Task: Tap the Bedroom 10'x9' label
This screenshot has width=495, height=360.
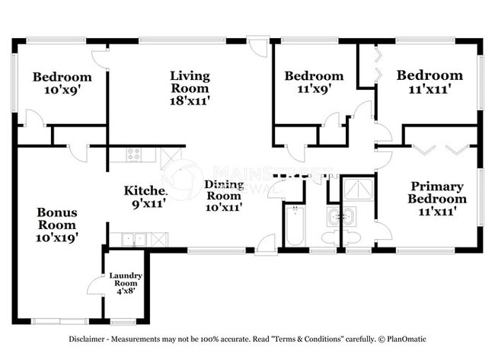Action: (62, 83)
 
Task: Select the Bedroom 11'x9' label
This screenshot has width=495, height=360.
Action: (314, 81)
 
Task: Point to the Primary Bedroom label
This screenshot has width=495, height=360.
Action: (438, 199)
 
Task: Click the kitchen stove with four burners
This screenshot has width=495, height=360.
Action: (134, 156)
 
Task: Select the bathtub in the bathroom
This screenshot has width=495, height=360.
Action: (294, 225)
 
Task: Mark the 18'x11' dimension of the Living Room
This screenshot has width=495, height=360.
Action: (190, 99)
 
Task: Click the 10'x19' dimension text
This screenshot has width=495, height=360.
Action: (57, 237)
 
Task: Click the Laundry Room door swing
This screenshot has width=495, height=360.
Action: (96, 288)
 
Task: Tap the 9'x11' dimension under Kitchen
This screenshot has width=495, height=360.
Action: (146, 203)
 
